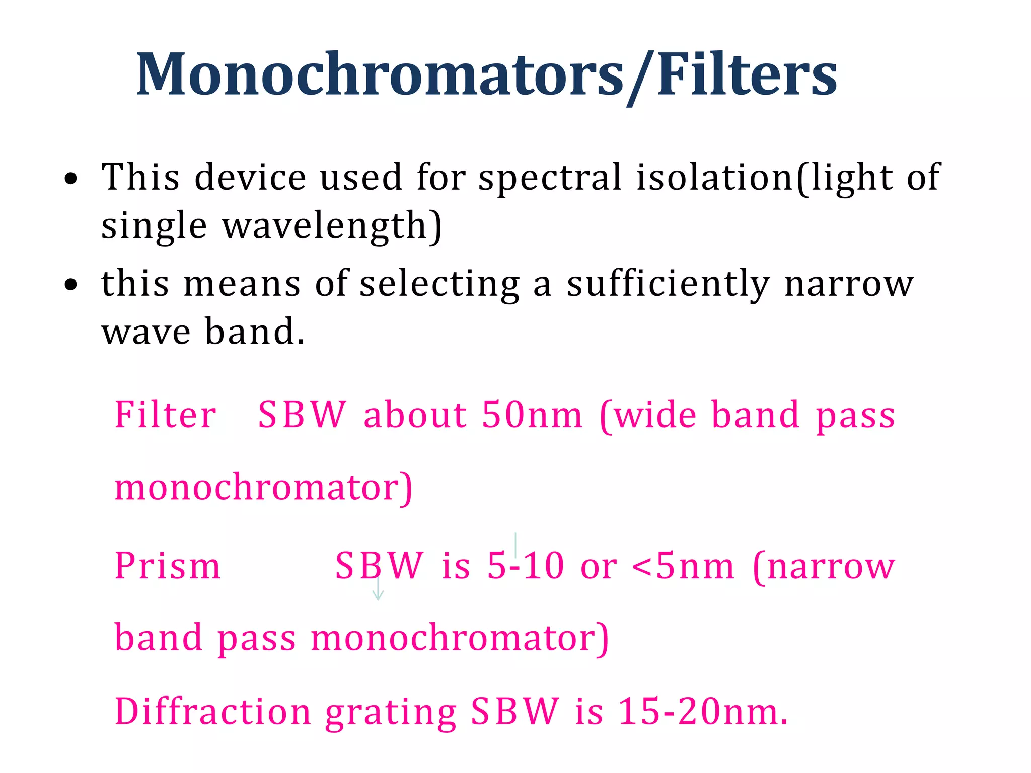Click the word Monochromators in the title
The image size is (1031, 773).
pos(380,74)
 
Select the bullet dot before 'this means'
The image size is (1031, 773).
pos(71,285)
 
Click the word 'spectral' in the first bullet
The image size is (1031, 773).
pos(550,178)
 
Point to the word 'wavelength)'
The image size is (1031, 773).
pos(332,226)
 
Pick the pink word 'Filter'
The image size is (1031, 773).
pos(166,415)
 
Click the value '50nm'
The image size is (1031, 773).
pos(532,415)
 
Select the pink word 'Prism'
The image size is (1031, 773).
pos(168,566)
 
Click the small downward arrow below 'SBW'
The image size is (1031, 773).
pos(378,591)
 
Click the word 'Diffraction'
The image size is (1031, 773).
pos(213,712)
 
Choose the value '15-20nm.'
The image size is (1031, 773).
pos(703,712)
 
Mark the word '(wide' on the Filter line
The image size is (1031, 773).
pos(648,415)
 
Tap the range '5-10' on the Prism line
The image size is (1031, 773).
pos(525,566)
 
